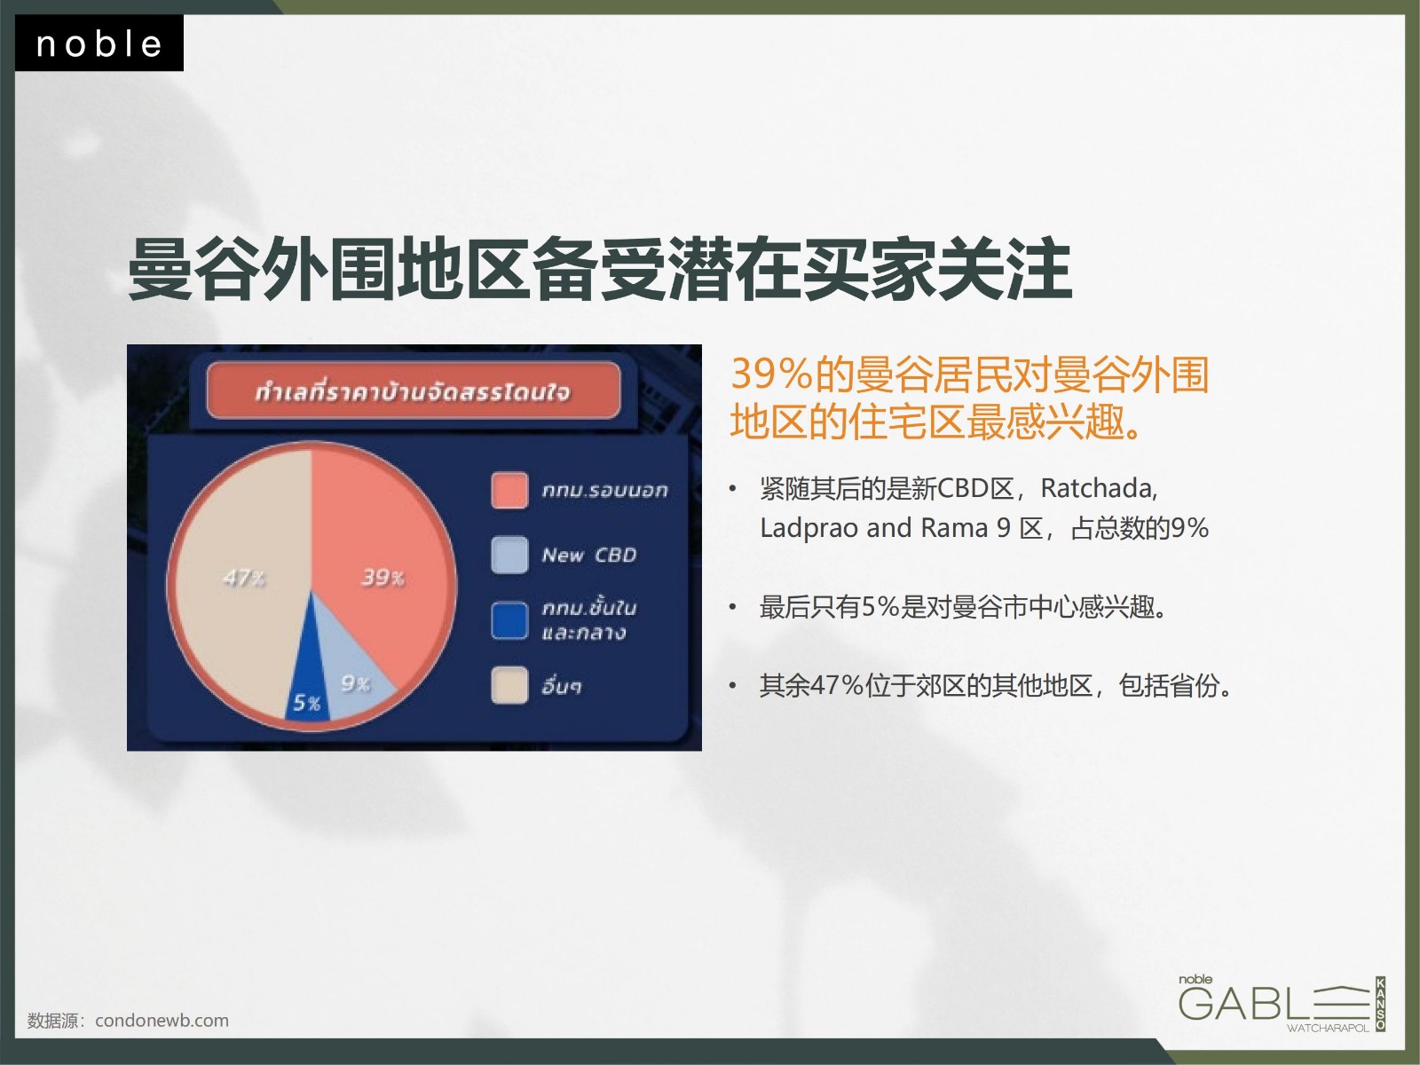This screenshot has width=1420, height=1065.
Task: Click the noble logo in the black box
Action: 99,44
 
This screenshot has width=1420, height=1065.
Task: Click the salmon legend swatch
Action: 509,490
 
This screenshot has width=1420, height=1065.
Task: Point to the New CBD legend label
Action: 589,555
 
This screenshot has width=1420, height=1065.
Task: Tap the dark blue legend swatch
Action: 509,620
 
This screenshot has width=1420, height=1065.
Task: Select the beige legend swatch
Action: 509,685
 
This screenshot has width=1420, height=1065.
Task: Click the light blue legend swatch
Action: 509,555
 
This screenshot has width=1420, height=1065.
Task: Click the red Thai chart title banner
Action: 414,390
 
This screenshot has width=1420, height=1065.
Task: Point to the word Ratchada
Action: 1099,488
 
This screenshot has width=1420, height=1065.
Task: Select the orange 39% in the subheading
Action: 771,374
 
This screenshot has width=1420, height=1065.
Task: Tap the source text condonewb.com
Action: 162,1021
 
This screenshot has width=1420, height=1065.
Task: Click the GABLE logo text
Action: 1274,1003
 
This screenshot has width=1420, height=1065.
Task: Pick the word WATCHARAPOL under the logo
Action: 1328,1028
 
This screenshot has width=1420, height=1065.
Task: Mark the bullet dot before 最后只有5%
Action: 733,607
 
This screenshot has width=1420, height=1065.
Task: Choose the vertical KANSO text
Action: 1381,1005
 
